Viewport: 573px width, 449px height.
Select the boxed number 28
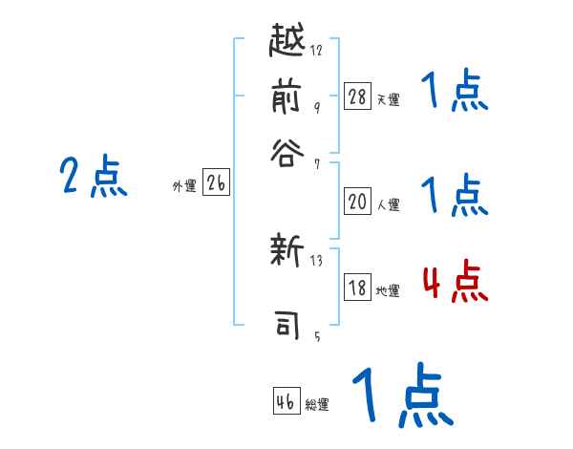[x=357, y=96]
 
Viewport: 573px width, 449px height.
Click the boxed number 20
[x=357, y=202]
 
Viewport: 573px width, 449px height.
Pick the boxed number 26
[x=216, y=184]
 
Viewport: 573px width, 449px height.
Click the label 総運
[x=317, y=404]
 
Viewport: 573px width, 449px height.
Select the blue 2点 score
[x=94, y=178]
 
